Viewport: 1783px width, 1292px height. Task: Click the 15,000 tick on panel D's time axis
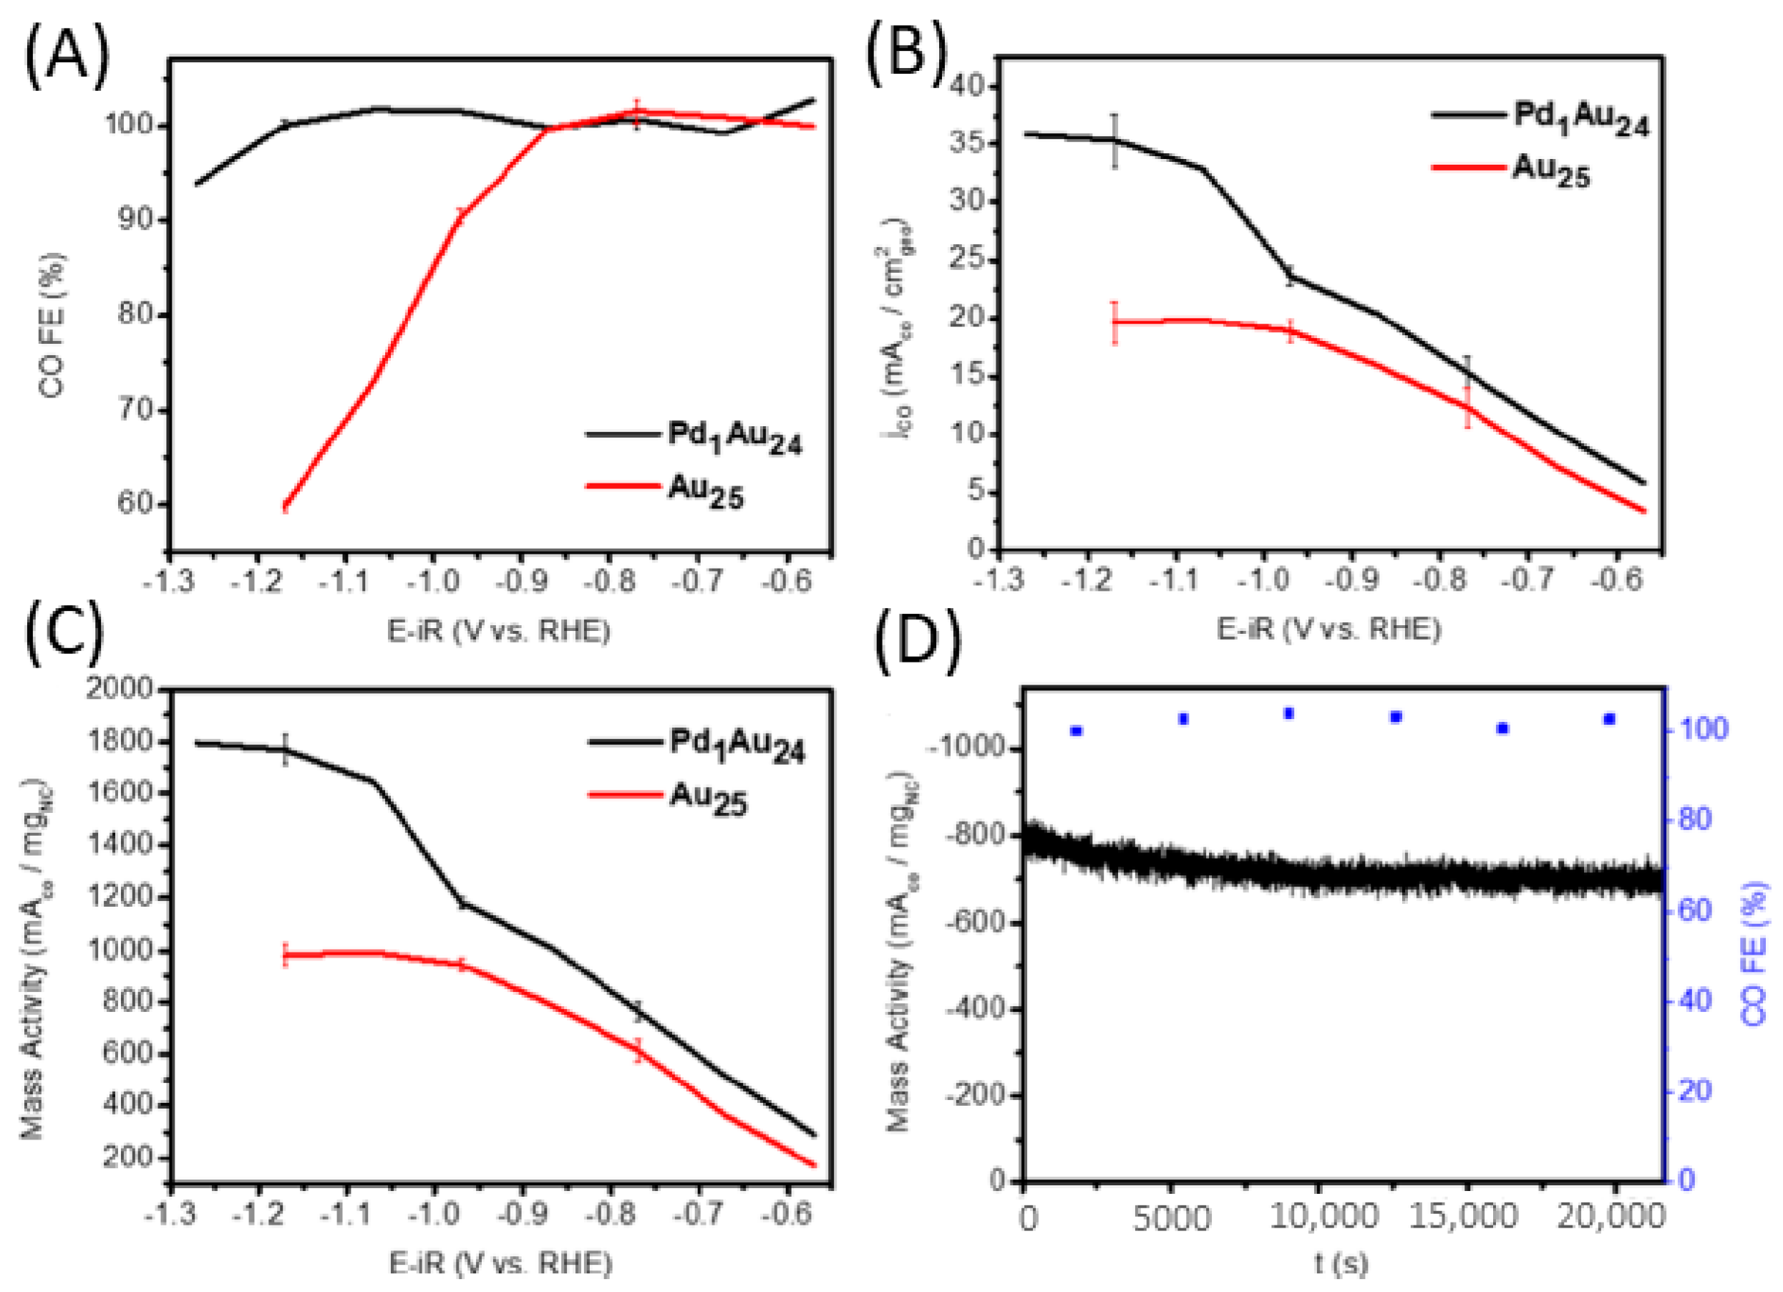1462,1218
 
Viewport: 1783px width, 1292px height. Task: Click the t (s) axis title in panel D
1341,1263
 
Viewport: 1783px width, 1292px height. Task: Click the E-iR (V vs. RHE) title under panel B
1328,629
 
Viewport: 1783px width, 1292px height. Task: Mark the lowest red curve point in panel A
286,506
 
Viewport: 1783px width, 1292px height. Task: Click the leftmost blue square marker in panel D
1077,731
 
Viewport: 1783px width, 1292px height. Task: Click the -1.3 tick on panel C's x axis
168,1215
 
